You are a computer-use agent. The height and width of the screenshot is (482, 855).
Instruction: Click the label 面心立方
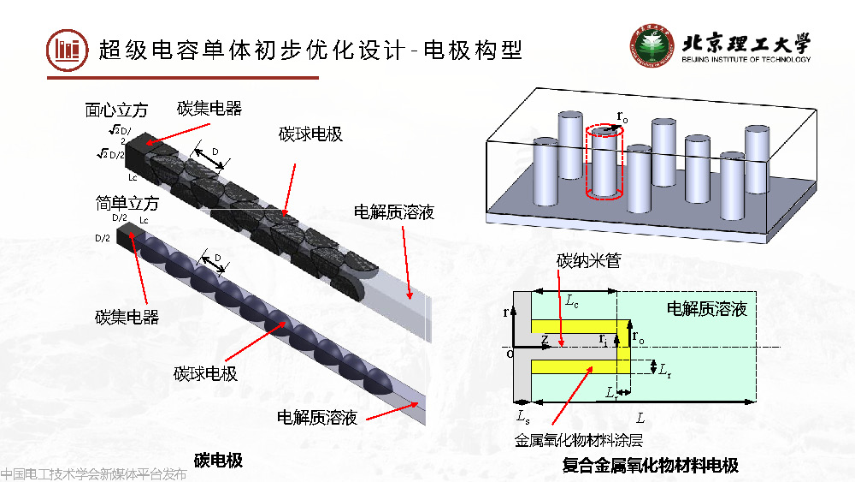pyautogui.click(x=116, y=110)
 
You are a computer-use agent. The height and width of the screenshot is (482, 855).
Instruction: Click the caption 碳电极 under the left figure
pyautogui.click(x=218, y=461)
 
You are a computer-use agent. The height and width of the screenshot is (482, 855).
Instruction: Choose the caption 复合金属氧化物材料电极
pyautogui.click(x=650, y=466)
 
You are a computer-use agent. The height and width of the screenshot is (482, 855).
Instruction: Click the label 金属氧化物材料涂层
pyautogui.click(x=578, y=440)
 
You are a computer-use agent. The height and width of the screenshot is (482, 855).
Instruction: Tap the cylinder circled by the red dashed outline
pyautogui.click(x=605, y=164)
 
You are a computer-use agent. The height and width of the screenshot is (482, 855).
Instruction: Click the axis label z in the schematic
pyautogui.click(x=545, y=338)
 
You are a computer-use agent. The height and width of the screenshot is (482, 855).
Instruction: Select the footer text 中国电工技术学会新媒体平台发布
pyautogui.click(x=93, y=473)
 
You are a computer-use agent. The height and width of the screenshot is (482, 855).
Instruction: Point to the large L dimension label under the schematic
pyautogui.click(x=640, y=416)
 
